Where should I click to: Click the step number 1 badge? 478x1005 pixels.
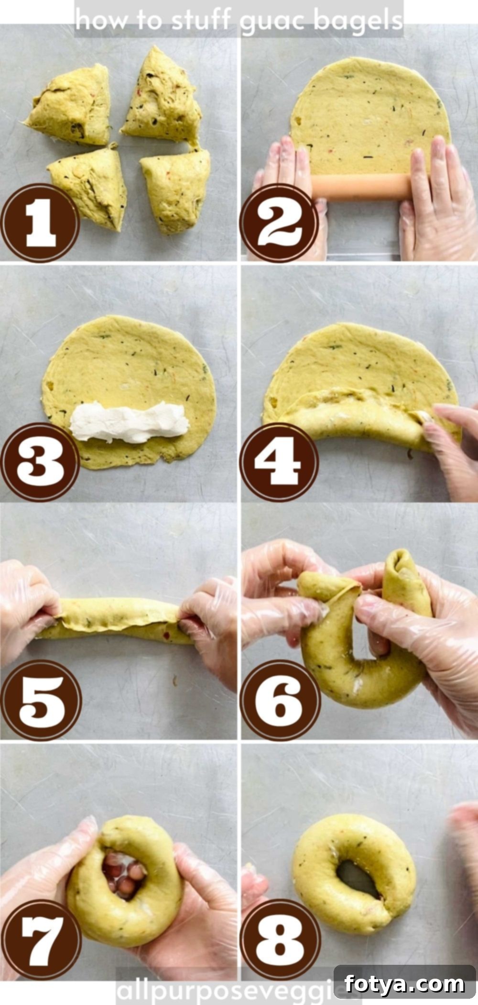point(41,223)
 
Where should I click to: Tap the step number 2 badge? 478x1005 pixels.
point(279,223)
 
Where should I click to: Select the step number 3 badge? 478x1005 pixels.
point(41,462)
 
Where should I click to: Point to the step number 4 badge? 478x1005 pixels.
point(279,462)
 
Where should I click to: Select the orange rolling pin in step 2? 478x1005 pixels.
point(362,187)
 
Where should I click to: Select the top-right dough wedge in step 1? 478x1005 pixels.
point(161,95)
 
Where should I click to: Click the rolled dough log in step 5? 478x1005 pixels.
point(115,621)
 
